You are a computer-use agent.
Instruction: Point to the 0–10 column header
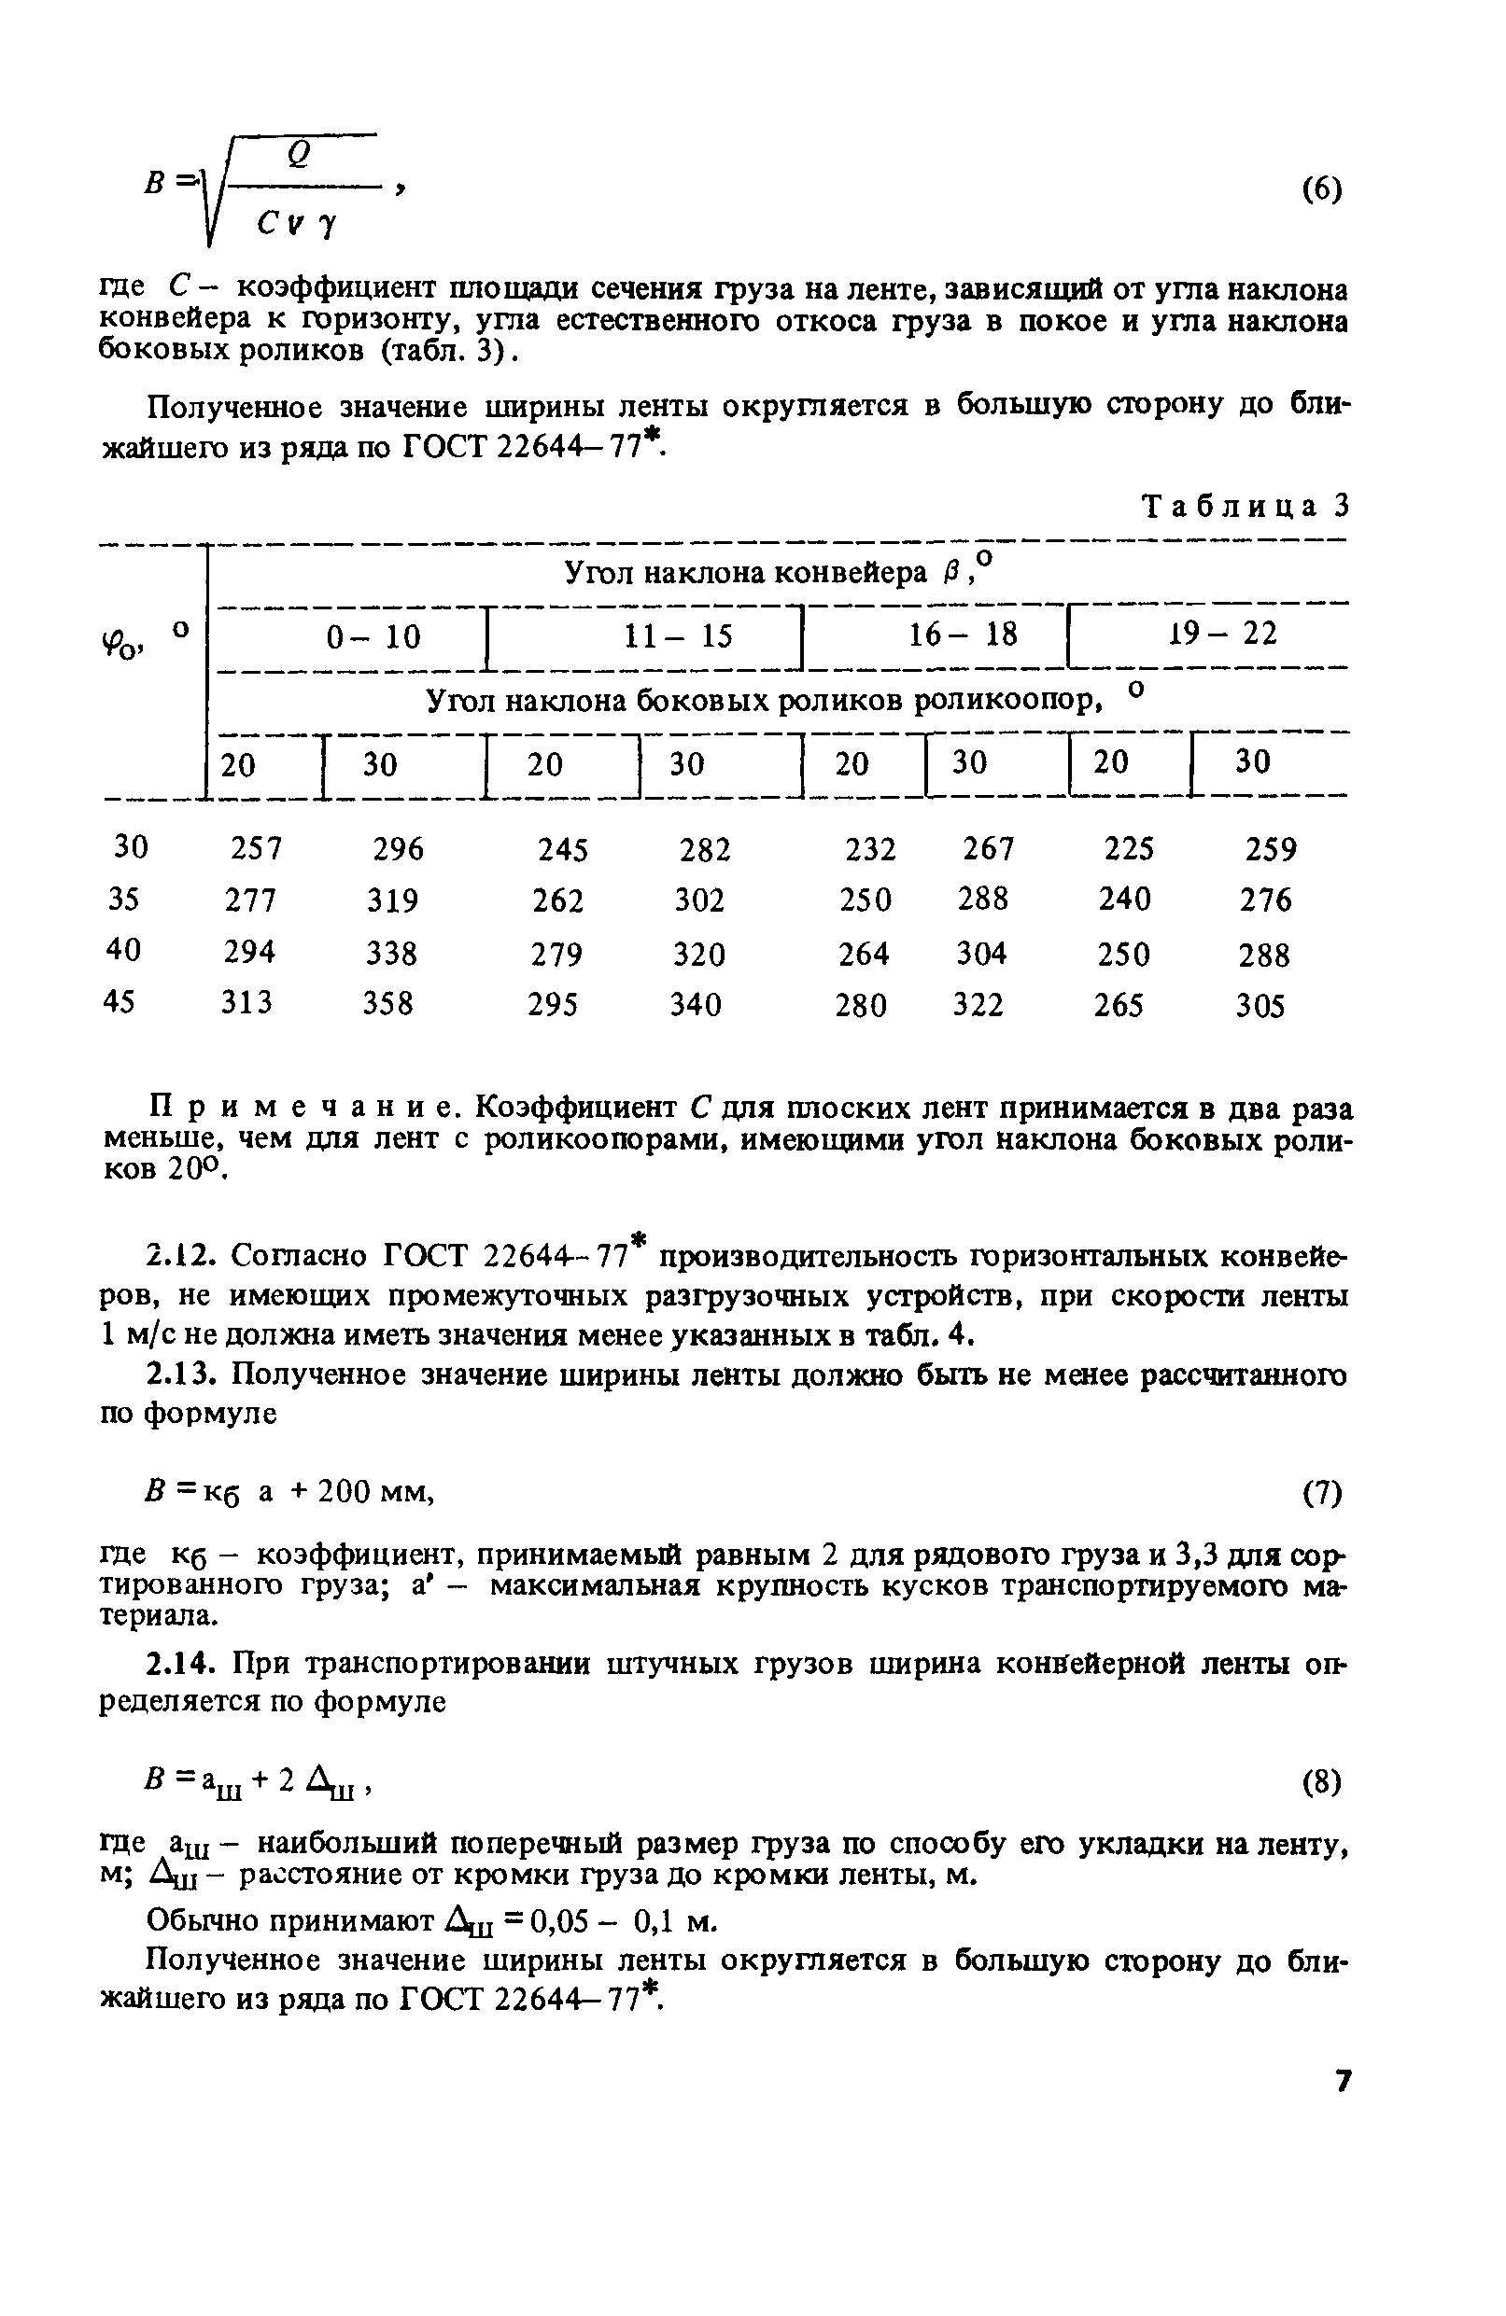(x=373, y=637)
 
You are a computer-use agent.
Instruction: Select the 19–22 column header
(x=1222, y=635)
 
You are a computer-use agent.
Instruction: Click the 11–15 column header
(x=678, y=636)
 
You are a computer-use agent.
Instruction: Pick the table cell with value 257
(x=256, y=848)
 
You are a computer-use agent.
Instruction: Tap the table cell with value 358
(x=387, y=1003)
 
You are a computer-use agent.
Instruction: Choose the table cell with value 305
(x=1260, y=1005)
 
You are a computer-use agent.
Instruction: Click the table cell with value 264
(x=864, y=953)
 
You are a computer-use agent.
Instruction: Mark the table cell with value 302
(x=699, y=900)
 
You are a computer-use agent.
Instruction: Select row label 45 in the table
(x=119, y=1001)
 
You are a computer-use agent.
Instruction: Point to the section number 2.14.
(x=179, y=1665)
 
